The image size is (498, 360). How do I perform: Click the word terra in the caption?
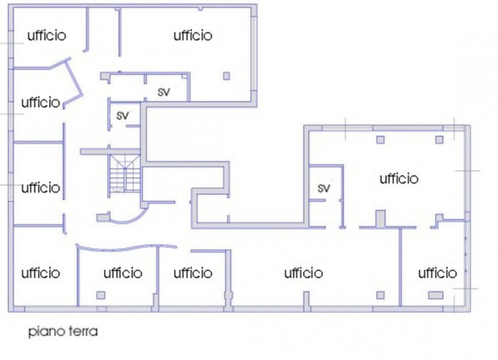click(x=83, y=331)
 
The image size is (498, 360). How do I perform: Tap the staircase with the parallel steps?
click(x=125, y=174)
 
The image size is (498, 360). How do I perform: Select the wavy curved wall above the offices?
click(x=126, y=247)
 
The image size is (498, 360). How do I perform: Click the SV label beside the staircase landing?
click(x=123, y=115)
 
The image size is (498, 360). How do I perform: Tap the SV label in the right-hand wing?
click(x=324, y=188)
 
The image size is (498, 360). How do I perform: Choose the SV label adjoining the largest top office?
click(x=164, y=92)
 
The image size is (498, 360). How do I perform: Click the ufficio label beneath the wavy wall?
click(x=123, y=273)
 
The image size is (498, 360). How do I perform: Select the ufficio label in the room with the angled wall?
click(x=40, y=102)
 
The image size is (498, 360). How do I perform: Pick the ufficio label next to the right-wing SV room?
click(x=399, y=179)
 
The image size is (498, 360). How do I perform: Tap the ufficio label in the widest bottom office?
click(x=303, y=273)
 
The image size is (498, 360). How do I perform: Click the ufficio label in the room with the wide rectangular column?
click(x=438, y=273)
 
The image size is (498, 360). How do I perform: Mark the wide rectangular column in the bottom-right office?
click(x=435, y=295)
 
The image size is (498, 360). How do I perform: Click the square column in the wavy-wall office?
click(x=101, y=295)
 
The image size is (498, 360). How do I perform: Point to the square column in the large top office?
click(x=227, y=76)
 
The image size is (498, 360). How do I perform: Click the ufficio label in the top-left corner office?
click(x=47, y=36)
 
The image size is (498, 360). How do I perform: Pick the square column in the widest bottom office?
click(x=380, y=295)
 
